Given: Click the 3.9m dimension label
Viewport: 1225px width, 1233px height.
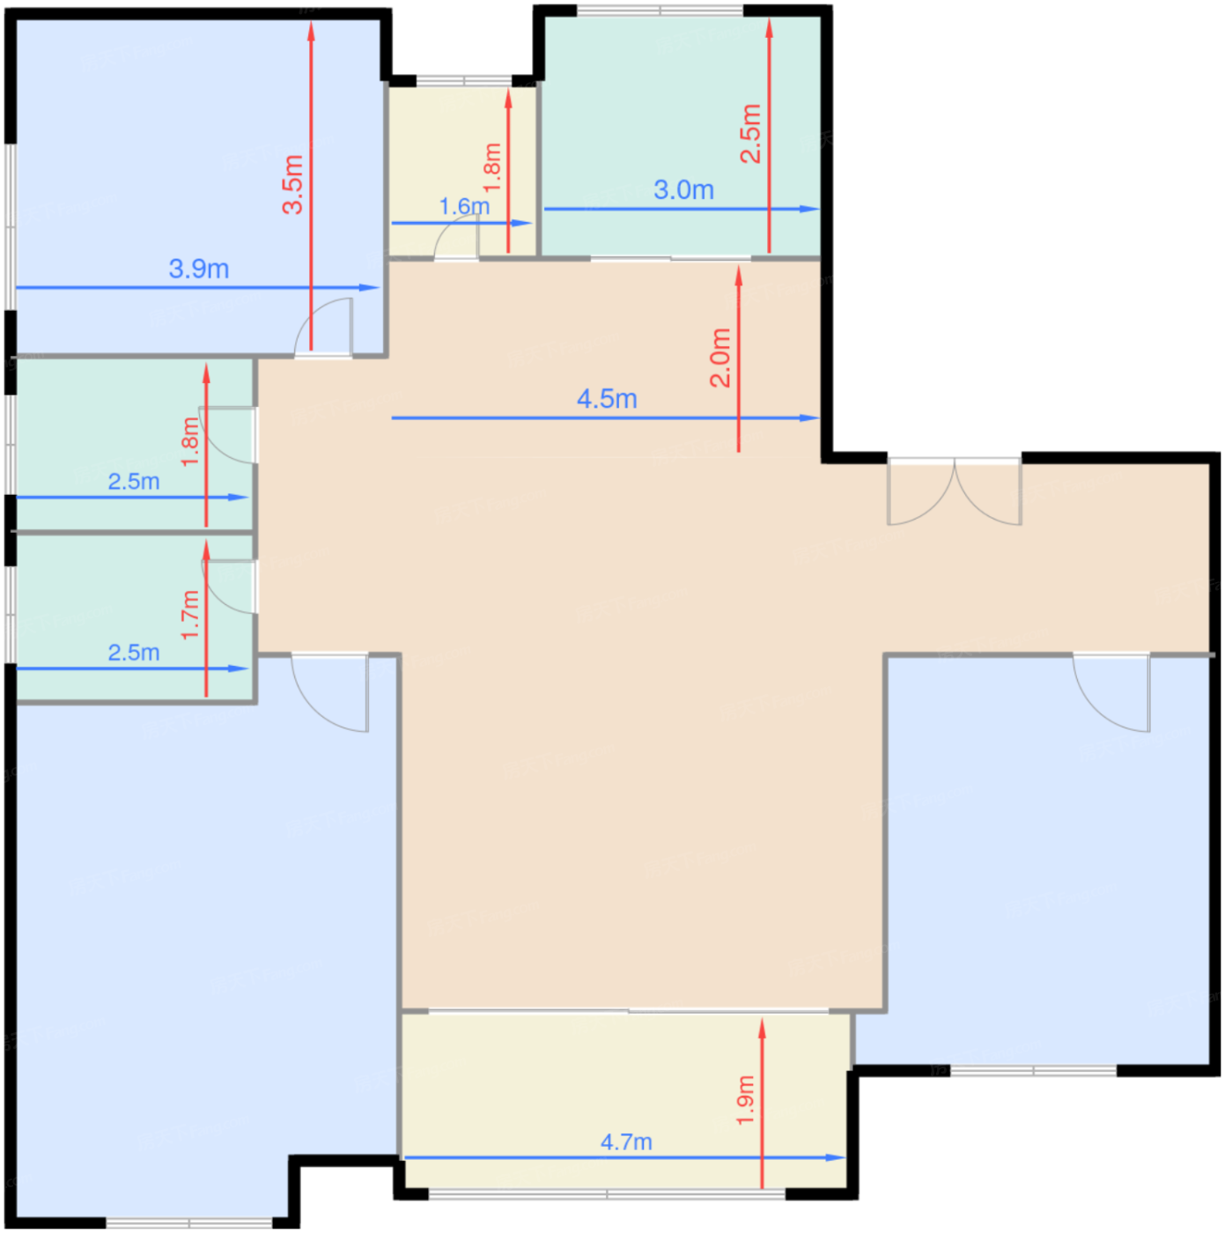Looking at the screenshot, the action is (x=198, y=269).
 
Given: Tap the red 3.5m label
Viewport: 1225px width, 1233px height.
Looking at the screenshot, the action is (x=293, y=184).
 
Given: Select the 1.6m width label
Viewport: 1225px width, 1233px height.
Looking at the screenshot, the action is (x=464, y=206).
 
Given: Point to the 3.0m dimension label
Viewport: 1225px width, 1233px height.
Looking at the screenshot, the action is (x=683, y=189).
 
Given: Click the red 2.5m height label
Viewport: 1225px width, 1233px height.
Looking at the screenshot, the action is (x=750, y=134).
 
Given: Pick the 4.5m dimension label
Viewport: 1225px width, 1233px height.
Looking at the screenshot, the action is (x=606, y=399).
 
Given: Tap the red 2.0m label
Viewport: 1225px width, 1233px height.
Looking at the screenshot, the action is (x=720, y=358).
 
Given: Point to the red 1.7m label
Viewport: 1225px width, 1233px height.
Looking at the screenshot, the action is (x=190, y=614).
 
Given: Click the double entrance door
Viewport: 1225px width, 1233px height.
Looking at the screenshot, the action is (x=954, y=491).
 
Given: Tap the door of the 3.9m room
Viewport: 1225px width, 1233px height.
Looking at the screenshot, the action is (x=323, y=328).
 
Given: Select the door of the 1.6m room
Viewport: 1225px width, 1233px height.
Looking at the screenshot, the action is (x=456, y=238).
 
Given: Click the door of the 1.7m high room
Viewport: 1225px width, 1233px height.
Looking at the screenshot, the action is (x=231, y=587).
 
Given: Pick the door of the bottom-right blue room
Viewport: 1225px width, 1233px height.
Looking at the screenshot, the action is (x=1111, y=691).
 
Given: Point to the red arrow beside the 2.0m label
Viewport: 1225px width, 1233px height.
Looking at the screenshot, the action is (x=738, y=359).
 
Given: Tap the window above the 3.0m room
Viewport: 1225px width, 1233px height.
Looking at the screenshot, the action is (x=660, y=11).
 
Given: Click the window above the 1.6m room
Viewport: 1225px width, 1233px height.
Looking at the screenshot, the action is (x=464, y=81).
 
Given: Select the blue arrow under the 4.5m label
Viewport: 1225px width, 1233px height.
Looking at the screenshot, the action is (x=606, y=417).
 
